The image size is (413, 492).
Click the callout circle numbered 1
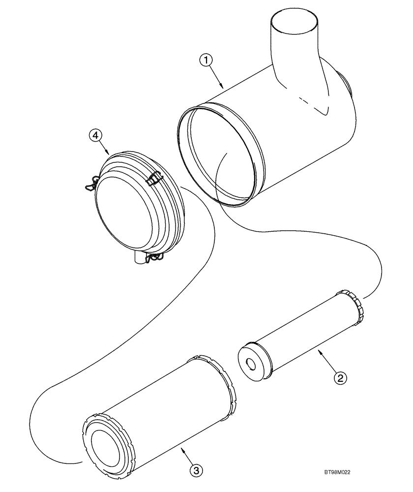(x=207, y=61)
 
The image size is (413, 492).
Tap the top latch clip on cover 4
(x=155, y=178)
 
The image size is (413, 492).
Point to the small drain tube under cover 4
(x=139, y=259)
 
